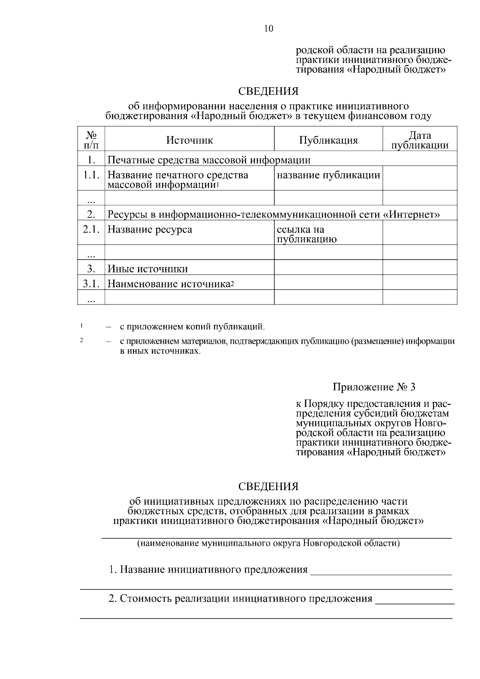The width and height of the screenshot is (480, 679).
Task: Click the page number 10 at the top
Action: click(x=268, y=28)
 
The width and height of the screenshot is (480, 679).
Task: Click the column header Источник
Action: click(x=190, y=140)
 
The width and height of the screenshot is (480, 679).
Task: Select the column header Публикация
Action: click(x=328, y=140)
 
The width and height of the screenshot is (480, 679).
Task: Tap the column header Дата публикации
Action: click(x=420, y=140)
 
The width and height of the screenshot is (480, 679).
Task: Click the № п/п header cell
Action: click(x=91, y=140)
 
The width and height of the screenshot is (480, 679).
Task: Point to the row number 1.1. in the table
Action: click(x=91, y=175)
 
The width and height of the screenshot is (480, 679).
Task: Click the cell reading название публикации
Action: click(x=328, y=175)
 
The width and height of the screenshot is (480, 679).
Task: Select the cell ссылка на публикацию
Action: click(x=306, y=234)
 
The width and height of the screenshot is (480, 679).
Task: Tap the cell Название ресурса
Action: click(x=150, y=230)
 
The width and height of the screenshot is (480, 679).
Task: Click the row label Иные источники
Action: click(x=148, y=268)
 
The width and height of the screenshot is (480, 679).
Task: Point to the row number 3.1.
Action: click(x=91, y=284)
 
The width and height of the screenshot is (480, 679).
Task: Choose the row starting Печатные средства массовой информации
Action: click(x=209, y=160)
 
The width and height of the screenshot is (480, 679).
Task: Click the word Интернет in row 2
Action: click(x=413, y=215)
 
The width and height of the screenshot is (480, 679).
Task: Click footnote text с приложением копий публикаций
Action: click(x=192, y=326)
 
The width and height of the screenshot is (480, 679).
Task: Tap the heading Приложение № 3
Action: click(x=374, y=387)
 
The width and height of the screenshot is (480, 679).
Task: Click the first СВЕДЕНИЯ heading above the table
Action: click(x=268, y=92)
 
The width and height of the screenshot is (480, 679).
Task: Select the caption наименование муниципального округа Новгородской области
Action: click(x=268, y=543)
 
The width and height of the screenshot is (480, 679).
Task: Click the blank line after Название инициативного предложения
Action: click(x=381, y=571)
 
